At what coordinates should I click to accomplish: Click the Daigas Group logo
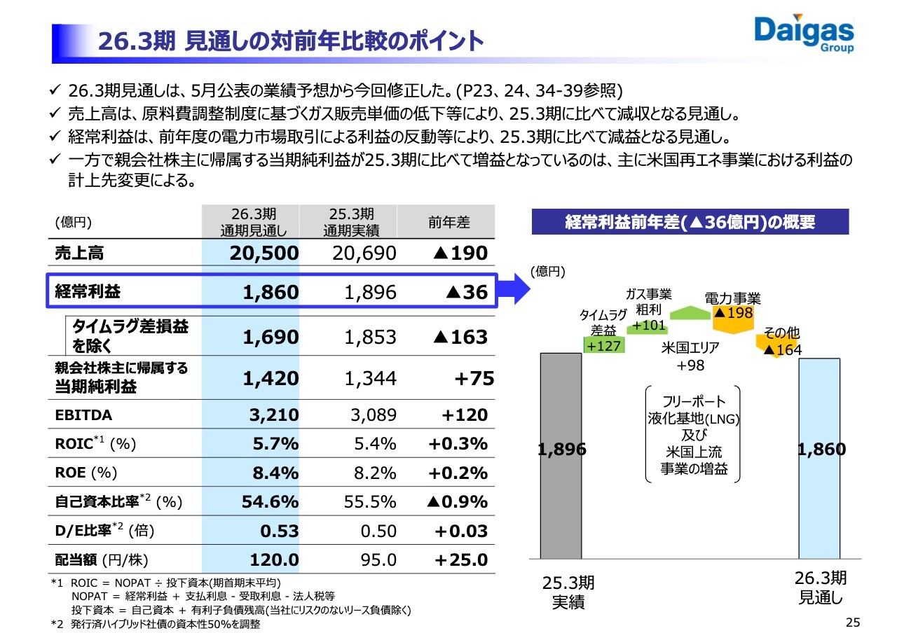pyautogui.click(x=804, y=33)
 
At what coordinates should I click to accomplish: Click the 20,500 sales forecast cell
pyautogui.click(x=264, y=253)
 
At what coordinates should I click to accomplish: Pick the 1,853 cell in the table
pyautogui.click(x=371, y=338)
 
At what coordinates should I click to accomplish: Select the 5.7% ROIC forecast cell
pyautogui.click(x=275, y=444)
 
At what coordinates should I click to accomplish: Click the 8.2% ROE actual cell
pyautogui.click(x=375, y=473)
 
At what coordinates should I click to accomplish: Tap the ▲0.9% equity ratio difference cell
pyautogui.click(x=457, y=502)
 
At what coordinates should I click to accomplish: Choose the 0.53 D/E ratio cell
pyautogui.click(x=280, y=531)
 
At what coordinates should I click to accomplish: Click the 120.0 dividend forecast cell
pyautogui.click(x=274, y=560)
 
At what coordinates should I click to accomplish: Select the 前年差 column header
pyautogui.click(x=448, y=222)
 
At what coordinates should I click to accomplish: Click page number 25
pyautogui.click(x=853, y=622)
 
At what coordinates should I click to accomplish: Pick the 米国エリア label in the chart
pyautogui.click(x=690, y=347)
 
